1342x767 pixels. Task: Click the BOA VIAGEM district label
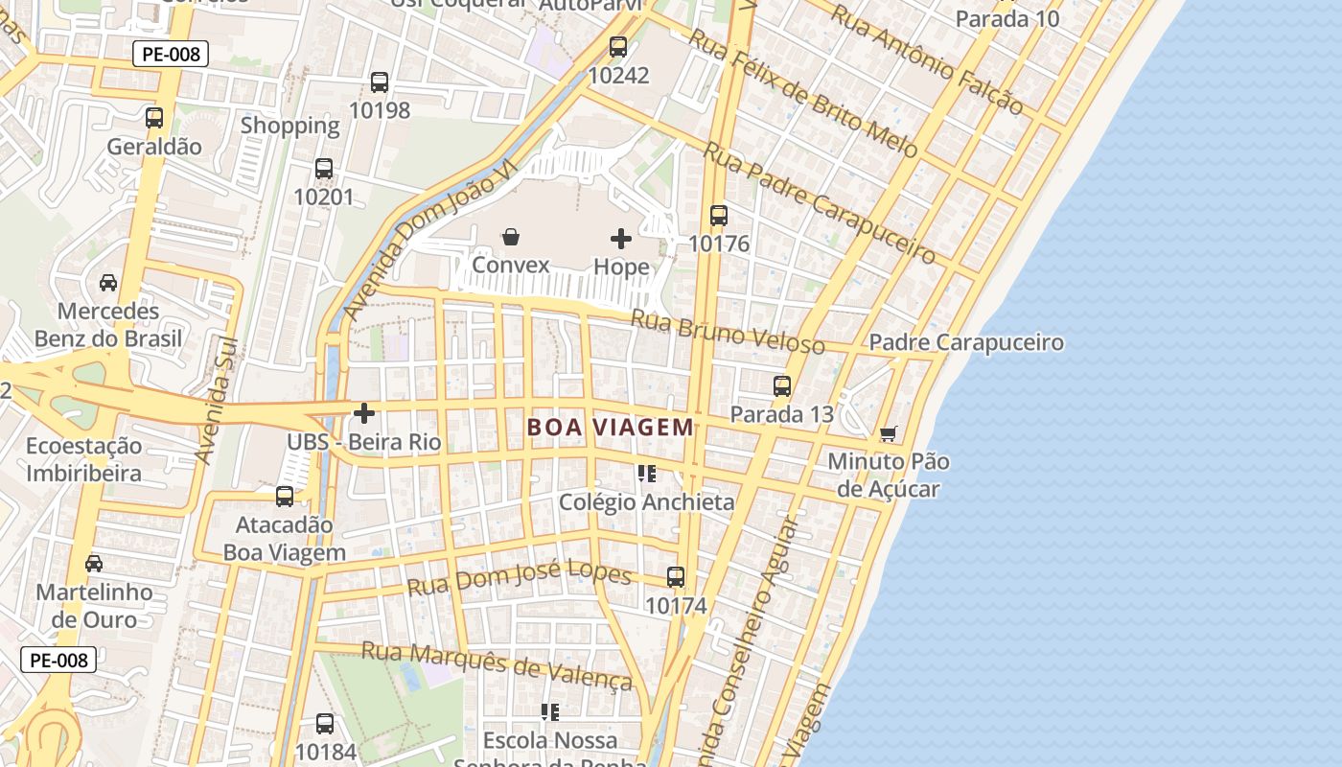611,428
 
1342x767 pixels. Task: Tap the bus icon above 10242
618,46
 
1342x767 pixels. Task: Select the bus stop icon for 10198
380,82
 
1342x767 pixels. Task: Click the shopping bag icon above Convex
511,237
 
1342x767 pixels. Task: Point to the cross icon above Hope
621,239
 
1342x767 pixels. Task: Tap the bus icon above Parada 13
782,386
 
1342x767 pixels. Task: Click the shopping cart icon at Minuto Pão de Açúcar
889,434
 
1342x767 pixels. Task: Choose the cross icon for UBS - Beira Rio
364,413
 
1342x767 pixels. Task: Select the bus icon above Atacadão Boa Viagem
285,497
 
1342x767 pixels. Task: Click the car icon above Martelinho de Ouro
94,564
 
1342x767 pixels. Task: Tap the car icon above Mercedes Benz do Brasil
108,283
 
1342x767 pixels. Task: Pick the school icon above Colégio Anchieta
647,474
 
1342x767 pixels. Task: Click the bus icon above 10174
676,577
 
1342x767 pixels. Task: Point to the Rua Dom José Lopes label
520,578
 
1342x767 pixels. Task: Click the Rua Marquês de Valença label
497,664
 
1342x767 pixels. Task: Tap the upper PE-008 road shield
171,55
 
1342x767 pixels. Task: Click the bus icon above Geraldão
154,118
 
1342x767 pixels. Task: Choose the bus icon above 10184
325,724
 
